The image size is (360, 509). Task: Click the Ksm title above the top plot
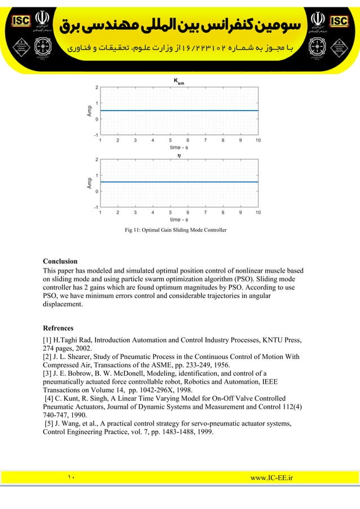(x=178, y=82)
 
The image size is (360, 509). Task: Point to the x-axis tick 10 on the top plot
(x=258, y=140)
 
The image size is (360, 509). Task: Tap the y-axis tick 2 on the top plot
(x=96, y=87)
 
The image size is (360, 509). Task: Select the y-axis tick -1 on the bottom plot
(x=95, y=207)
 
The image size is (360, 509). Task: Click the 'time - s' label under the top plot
(x=179, y=147)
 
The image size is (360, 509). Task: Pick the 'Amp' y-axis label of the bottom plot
(x=89, y=183)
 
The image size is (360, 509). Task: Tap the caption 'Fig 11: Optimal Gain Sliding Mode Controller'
(x=175, y=230)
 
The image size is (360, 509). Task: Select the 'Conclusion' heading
(x=60, y=261)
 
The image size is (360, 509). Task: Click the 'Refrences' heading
(x=58, y=328)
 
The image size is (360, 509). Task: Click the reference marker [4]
(x=50, y=398)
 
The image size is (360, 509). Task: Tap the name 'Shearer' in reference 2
(x=82, y=357)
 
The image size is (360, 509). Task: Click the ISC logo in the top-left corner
(x=19, y=21)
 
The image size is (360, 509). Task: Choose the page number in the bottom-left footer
(x=71, y=479)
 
